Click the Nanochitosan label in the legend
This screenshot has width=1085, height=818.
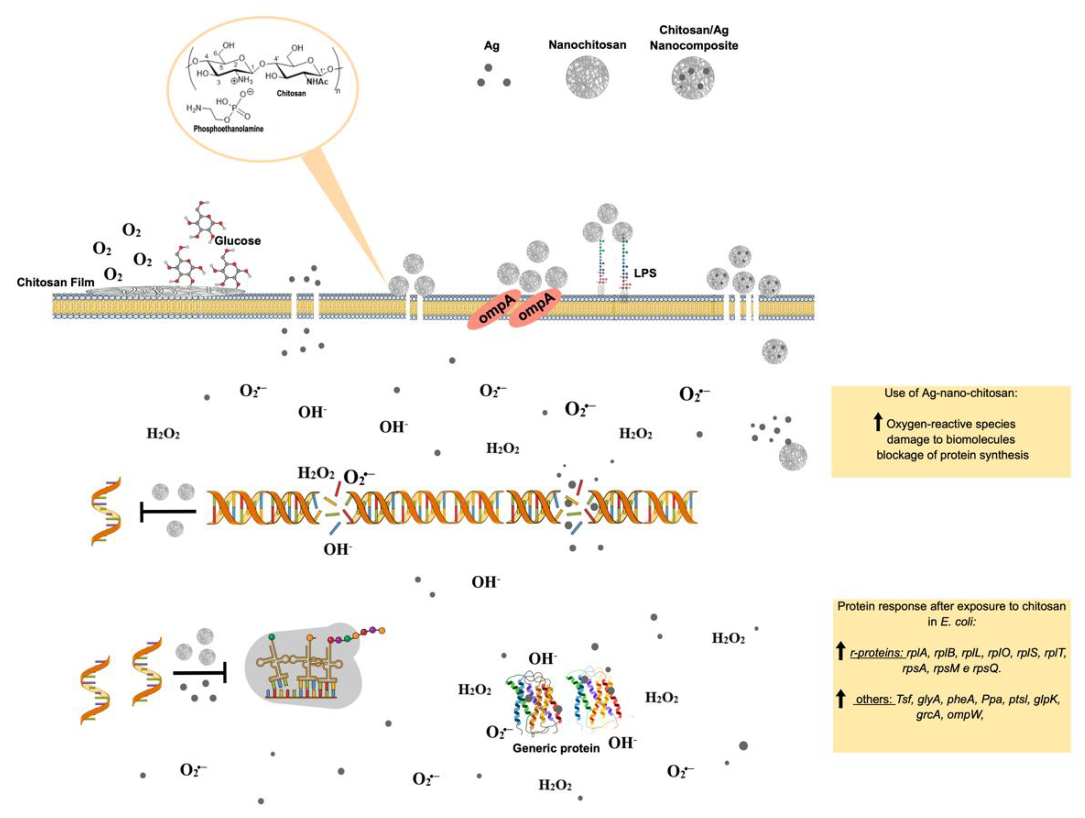[587, 45]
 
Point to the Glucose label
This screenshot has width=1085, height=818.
[237, 241]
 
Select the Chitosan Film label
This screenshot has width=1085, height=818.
[56, 283]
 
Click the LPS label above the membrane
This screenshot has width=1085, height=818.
[645, 273]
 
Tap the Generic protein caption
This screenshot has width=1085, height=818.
[556, 748]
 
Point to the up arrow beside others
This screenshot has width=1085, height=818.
[841, 699]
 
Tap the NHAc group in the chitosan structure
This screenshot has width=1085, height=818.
[317, 82]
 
